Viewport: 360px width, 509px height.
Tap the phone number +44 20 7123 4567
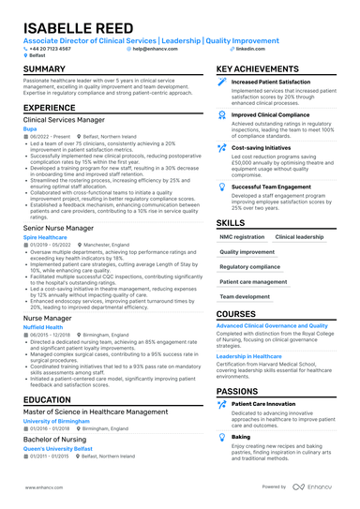click(51, 49)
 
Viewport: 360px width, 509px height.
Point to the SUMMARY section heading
click(44, 69)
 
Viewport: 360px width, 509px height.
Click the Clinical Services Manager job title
click(63, 120)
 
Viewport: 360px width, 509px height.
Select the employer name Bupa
click(31, 129)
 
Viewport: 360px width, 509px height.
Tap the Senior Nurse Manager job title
click(58, 228)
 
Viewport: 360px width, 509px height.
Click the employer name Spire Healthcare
click(45, 237)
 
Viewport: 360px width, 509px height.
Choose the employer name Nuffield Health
click(45, 328)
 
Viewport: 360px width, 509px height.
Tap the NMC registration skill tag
click(242, 237)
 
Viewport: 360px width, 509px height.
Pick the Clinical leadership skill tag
click(299, 237)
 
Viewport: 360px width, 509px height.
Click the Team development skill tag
click(246, 296)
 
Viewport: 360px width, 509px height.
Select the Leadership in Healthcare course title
click(256, 356)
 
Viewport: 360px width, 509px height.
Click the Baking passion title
click(241, 437)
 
